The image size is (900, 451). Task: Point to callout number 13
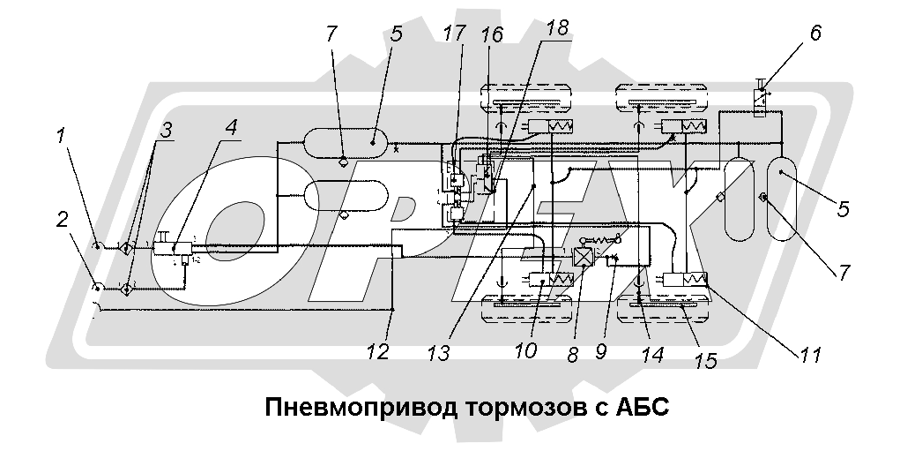tap(436, 350)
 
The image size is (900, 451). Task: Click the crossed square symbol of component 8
tap(581, 257)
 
